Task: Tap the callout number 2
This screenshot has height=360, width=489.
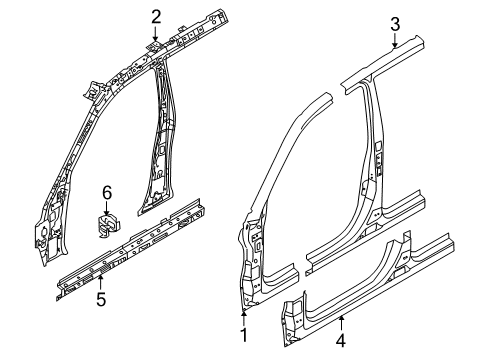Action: (x=155, y=14)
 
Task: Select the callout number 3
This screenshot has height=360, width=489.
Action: (x=395, y=24)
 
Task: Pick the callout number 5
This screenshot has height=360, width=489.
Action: (x=100, y=296)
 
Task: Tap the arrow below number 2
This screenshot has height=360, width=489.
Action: (x=155, y=36)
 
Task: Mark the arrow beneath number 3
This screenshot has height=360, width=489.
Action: (x=395, y=44)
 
